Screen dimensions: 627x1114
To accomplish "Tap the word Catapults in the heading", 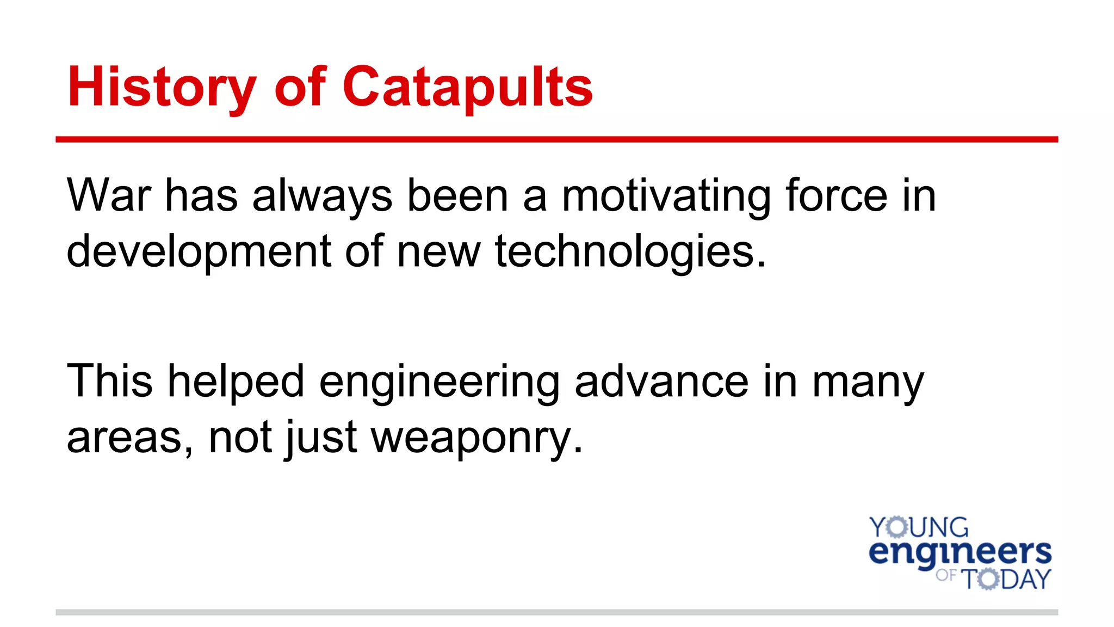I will (x=467, y=87).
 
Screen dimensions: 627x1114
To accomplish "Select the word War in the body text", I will (x=109, y=195).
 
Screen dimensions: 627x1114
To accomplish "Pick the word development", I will (x=199, y=251).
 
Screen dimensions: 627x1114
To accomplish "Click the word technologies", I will (x=630, y=251).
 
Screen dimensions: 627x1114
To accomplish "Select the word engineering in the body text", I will (x=439, y=382).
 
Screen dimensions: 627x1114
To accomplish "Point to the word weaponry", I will (x=476, y=438).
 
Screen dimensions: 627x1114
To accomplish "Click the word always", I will (x=322, y=196).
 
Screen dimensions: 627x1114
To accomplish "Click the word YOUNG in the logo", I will (x=919, y=527).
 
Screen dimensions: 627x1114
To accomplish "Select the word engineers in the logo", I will (x=960, y=552).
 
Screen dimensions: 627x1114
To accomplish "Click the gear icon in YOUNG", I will (x=897, y=527).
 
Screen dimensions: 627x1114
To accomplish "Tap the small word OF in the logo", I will (x=946, y=575).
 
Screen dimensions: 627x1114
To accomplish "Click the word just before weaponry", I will (x=321, y=438).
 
